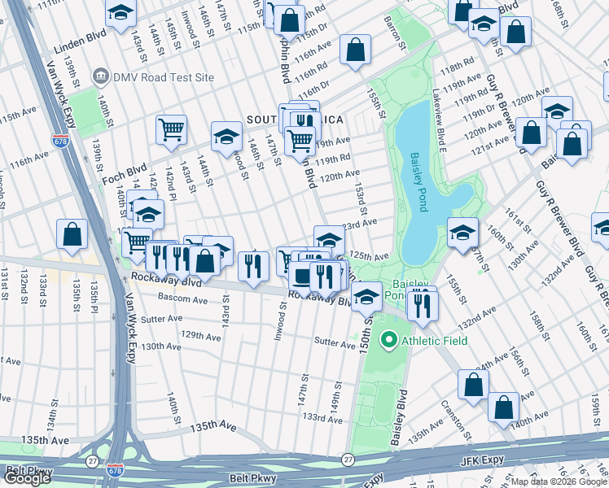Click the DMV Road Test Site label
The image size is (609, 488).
pyautogui.click(x=164, y=77)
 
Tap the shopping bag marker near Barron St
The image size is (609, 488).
pyautogui.click(x=355, y=50)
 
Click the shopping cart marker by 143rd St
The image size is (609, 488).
pyautogui.click(x=171, y=129)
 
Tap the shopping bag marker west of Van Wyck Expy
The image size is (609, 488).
pyautogui.click(x=72, y=233)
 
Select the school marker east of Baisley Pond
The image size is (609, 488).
pyautogui.click(x=462, y=233)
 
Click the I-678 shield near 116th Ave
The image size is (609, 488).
pyautogui.click(x=59, y=141)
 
